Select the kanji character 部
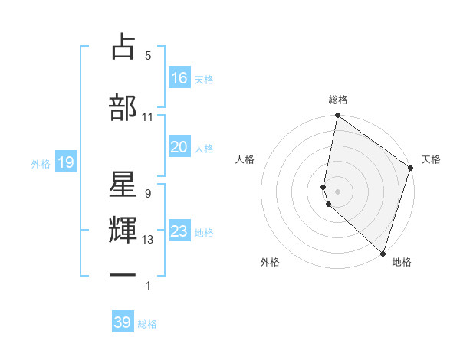tap(123, 107)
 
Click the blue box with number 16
tap(179, 78)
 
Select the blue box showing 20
tap(179, 147)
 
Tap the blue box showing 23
tap(179, 232)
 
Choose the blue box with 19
tap(65, 162)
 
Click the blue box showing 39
tap(123, 322)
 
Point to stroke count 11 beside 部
tap(148, 116)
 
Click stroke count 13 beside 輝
tap(148, 240)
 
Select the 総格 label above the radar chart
tap(338, 100)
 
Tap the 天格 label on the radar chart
tap(431, 159)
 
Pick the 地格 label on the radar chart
tap(402, 262)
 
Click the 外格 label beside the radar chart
tap(270, 262)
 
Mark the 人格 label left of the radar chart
tap(245, 159)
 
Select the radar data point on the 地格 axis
tap(383, 253)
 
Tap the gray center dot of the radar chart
tap(338, 191)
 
